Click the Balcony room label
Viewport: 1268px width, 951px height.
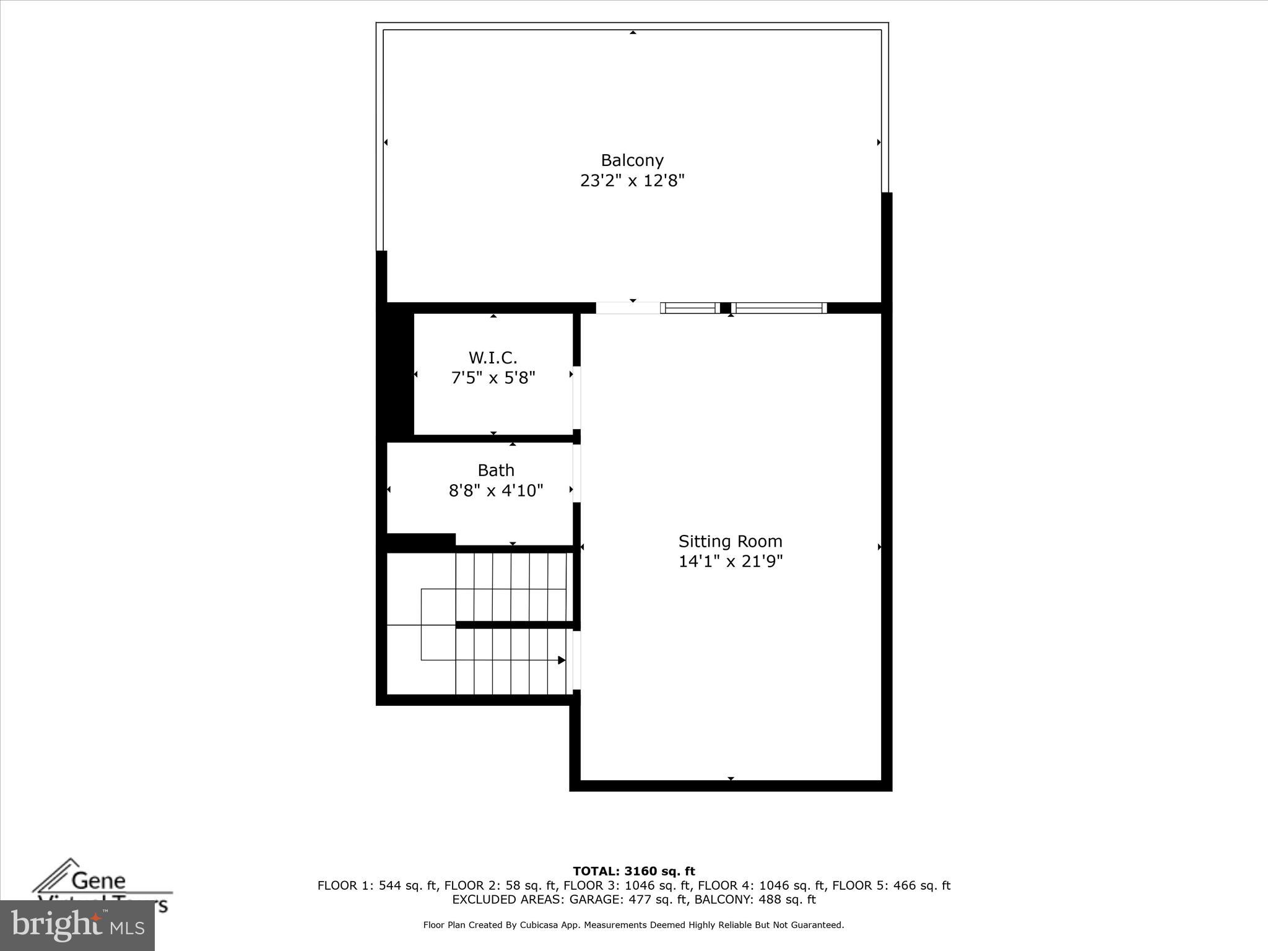click(x=632, y=160)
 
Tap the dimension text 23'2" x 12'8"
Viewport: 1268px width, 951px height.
click(x=632, y=181)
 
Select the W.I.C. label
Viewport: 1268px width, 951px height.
click(x=493, y=357)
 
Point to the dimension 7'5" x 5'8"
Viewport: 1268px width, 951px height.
click(x=493, y=378)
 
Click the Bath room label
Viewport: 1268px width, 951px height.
click(x=496, y=470)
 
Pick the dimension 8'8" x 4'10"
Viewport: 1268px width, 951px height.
click(x=496, y=491)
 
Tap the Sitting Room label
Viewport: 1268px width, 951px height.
click(x=730, y=541)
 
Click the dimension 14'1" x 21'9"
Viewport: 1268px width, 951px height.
click(x=730, y=562)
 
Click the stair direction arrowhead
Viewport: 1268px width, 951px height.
click(x=562, y=660)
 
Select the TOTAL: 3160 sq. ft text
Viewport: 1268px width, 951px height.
click(x=633, y=871)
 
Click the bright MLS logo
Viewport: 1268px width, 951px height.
click(x=77, y=926)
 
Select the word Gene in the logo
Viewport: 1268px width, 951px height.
click(x=98, y=880)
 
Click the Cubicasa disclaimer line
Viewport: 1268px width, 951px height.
click(x=633, y=925)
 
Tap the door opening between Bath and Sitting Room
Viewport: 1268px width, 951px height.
click(x=576, y=473)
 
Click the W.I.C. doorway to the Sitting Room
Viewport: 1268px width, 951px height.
click(x=576, y=397)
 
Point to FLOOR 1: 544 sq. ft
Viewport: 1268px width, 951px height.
click(x=377, y=885)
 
